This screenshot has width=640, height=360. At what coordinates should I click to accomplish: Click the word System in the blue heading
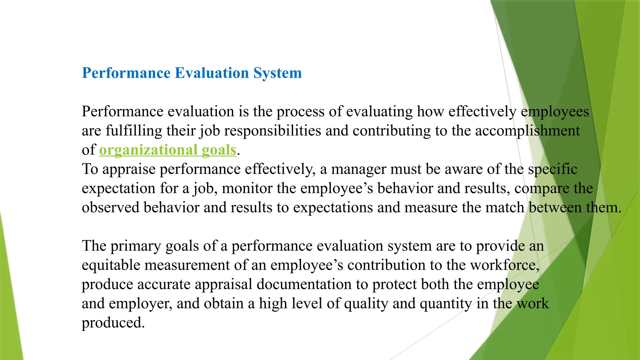277,73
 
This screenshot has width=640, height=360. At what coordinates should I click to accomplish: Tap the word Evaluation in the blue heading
212,73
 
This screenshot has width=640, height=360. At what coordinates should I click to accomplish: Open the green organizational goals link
167,150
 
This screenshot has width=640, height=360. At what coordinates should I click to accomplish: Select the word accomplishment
527,131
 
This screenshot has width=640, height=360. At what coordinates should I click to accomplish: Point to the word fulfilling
134,131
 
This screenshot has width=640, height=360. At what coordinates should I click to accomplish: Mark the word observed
111,208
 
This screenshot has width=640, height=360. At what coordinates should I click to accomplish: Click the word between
555,208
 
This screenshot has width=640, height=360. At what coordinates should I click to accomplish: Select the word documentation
312,285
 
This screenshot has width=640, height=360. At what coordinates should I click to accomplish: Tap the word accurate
164,285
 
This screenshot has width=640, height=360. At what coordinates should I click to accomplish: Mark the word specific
552,169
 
